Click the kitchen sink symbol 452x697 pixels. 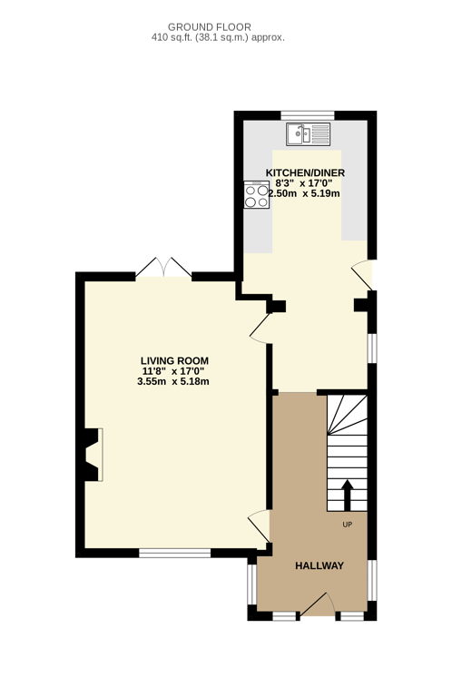point(308,134)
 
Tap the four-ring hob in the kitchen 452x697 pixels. point(257,194)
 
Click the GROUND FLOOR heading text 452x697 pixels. point(210,27)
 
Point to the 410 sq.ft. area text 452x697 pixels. point(218,38)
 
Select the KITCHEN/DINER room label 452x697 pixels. point(305,173)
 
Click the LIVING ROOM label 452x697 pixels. point(174,361)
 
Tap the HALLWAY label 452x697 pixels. point(319,566)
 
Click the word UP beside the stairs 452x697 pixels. point(347,525)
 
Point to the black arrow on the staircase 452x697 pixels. point(347,496)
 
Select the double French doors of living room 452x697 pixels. point(163,267)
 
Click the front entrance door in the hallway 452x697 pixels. point(318,605)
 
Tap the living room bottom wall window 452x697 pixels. point(174,553)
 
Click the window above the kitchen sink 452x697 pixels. point(308,115)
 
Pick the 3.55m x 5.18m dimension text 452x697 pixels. point(173,381)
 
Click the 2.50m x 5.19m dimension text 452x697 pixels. point(304,193)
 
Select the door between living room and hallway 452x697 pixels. point(260,525)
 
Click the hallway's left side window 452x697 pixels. point(252,584)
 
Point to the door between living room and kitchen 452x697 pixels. point(260,329)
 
